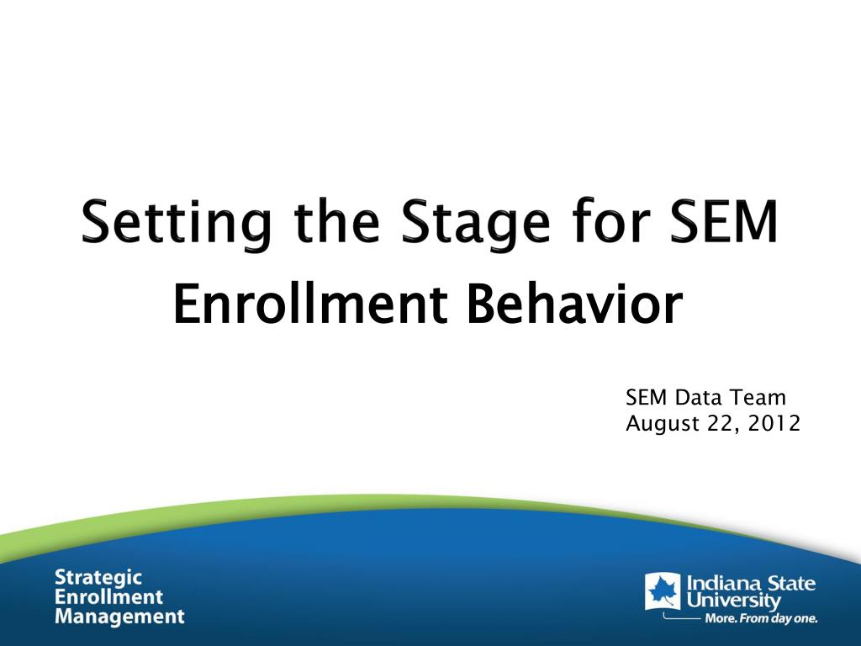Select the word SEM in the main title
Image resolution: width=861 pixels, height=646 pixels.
coord(724,221)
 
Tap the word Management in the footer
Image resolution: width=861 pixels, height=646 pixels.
coord(119,617)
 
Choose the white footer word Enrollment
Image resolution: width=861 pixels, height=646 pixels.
coord(108,596)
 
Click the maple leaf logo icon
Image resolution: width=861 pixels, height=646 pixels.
coord(663,591)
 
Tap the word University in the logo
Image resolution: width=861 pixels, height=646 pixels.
coord(733,600)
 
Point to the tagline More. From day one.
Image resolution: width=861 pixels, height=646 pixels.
coord(761,618)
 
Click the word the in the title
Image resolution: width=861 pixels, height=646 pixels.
coord(336,221)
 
